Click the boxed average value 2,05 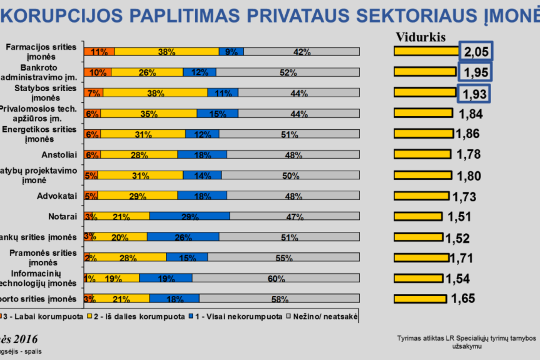[x=476, y=51]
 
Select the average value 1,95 [x=475, y=72]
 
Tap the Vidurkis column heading [x=420, y=37]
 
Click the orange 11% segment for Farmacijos [x=99, y=52]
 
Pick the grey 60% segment [x=276, y=278]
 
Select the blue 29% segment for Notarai [x=189, y=216]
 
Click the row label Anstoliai [x=59, y=155]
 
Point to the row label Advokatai [x=57, y=196]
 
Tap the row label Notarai [x=62, y=217]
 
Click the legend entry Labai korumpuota [x=43, y=316]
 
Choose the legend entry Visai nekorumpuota [x=238, y=316]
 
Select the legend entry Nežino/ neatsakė [x=325, y=316]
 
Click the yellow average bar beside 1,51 [x=418, y=216]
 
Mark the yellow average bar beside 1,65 [x=420, y=299]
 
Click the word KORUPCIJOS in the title [x=62, y=16]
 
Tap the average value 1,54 [x=457, y=279]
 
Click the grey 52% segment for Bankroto [x=288, y=72]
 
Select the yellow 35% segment [x=148, y=113]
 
